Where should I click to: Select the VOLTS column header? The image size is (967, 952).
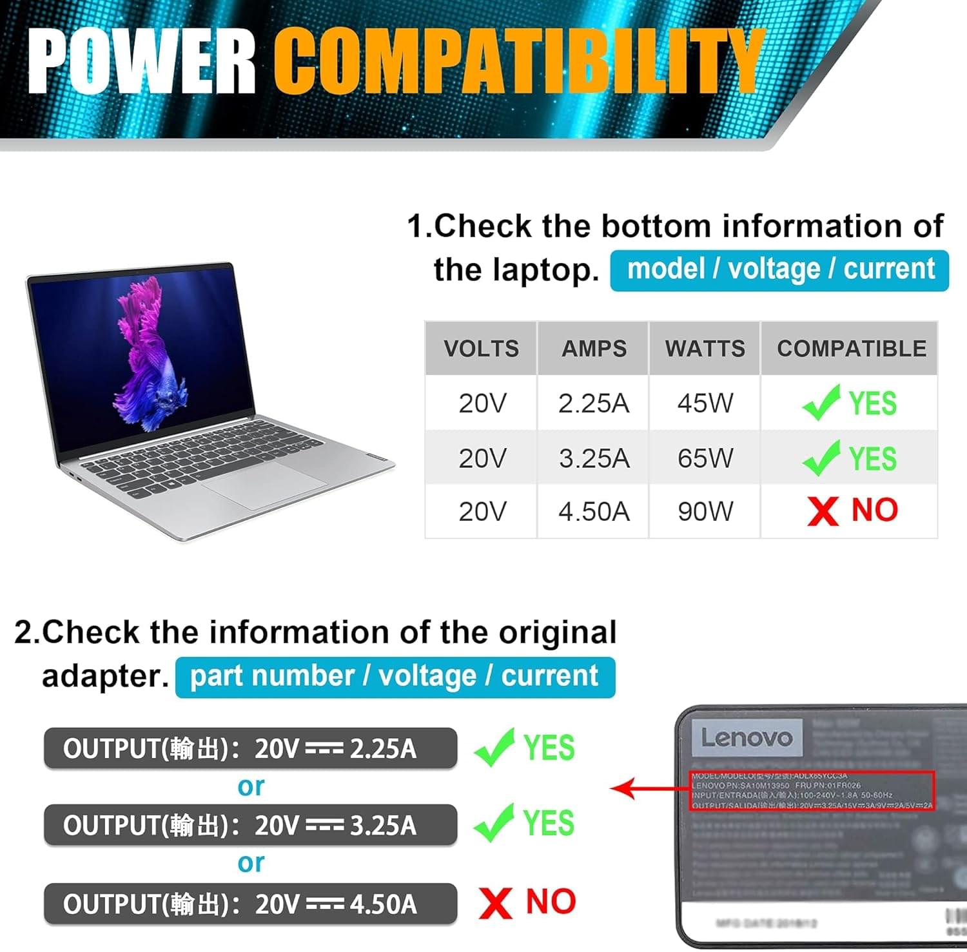pyautogui.click(x=481, y=349)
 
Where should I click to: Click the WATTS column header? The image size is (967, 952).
pyautogui.click(x=705, y=349)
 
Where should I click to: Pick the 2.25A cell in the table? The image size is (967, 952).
pyautogui.click(x=593, y=403)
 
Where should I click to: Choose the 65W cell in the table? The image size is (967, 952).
pyautogui.click(x=705, y=458)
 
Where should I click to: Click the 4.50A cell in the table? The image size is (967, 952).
pyautogui.click(x=593, y=512)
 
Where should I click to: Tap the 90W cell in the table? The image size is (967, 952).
pyautogui.click(x=705, y=512)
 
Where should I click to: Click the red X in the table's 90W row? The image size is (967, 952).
pyautogui.click(x=823, y=511)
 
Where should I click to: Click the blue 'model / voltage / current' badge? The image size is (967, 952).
pyautogui.click(x=779, y=270)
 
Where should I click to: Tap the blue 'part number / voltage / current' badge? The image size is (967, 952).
pyautogui.click(x=395, y=677)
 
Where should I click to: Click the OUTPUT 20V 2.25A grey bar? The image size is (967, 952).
pyautogui.click(x=250, y=748)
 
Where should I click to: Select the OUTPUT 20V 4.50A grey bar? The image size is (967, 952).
pyautogui.click(x=250, y=904)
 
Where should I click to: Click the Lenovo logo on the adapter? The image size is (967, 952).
pyautogui.click(x=747, y=737)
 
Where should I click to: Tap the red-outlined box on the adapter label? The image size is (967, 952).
pyautogui.click(x=812, y=790)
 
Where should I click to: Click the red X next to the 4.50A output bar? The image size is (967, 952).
pyautogui.click(x=495, y=902)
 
